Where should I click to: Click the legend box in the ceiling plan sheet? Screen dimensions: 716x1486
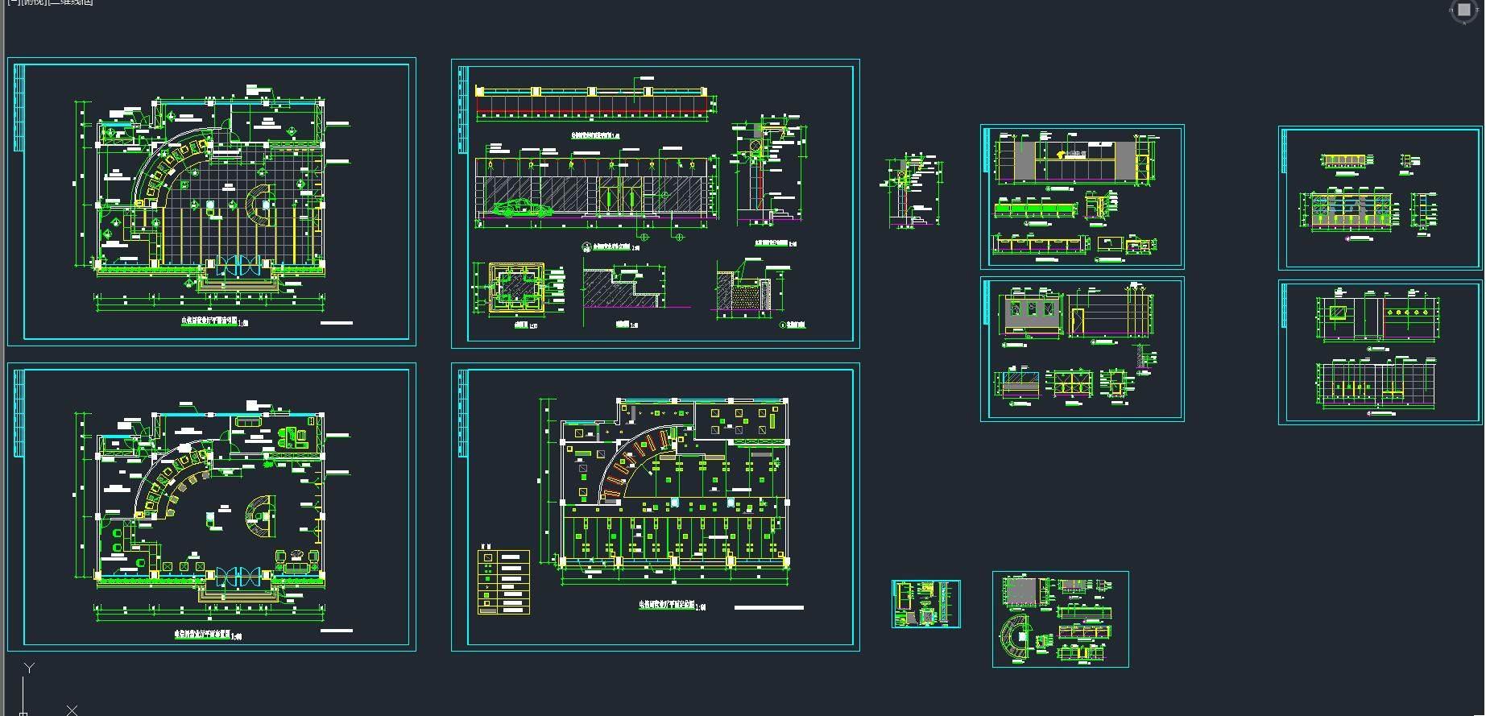point(504,582)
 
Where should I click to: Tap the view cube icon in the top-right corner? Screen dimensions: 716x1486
point(1463,10)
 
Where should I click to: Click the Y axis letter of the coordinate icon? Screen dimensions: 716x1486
point(29,668)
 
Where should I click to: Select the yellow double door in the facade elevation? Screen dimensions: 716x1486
point(620,197)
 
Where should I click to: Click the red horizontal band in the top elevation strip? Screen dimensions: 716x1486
point(591,106)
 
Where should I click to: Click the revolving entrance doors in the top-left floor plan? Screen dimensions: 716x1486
point(239,267)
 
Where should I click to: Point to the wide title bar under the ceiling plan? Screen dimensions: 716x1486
point(768,608)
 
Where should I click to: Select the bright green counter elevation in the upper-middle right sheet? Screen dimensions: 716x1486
point(1035,210)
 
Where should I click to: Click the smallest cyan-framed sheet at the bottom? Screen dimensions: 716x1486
point(925,604)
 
